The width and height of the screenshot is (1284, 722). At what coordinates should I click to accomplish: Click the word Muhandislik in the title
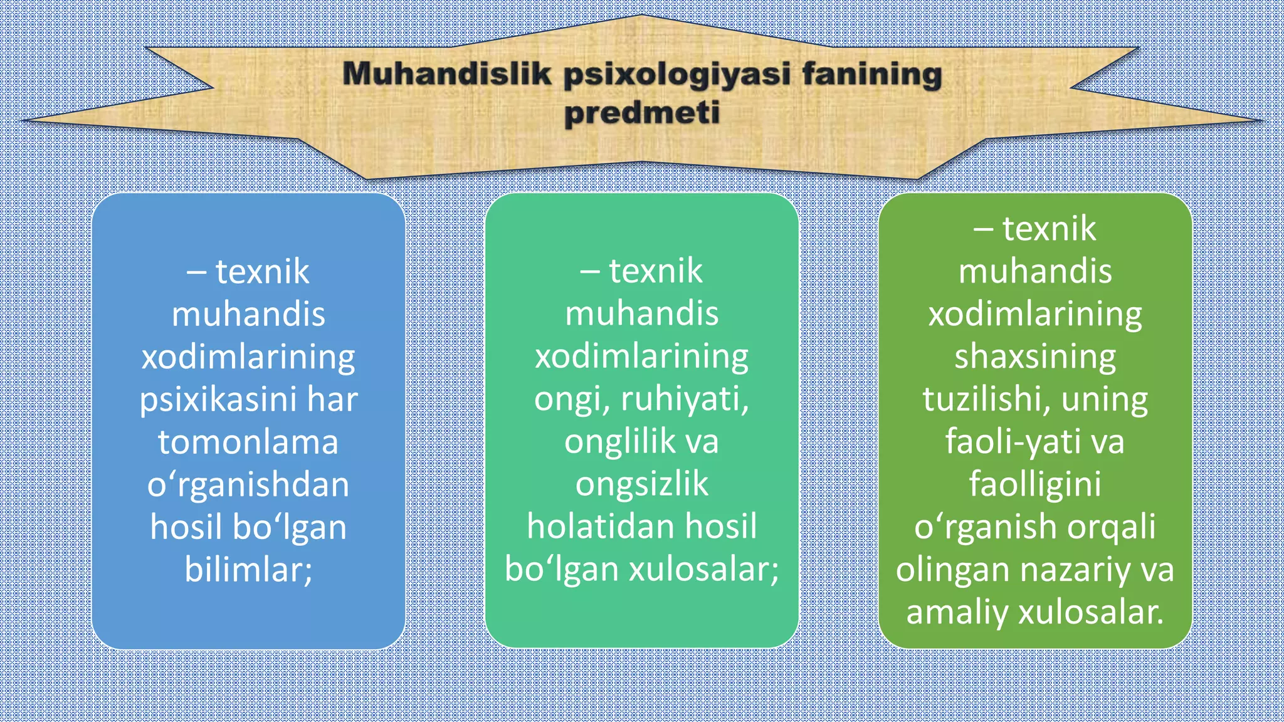(446, 74)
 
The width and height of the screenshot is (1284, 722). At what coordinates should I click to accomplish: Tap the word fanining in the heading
(872, 74)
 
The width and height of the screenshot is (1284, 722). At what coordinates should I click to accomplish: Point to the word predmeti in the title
(641, 113)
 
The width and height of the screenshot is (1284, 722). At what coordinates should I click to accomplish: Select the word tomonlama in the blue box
(248, 442)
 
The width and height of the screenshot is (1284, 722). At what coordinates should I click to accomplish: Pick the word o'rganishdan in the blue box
(248, 485)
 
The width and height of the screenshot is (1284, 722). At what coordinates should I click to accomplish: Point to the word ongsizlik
(642, 484)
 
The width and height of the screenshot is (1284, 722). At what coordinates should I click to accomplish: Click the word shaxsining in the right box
(1035, 357)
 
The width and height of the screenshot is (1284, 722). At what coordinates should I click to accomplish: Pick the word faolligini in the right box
(1035, 484)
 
